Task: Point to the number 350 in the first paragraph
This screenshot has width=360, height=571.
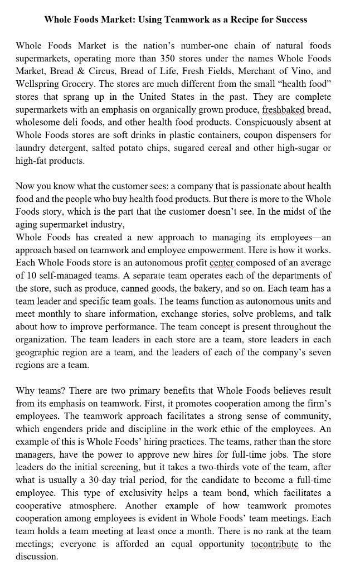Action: [x=169, y=59]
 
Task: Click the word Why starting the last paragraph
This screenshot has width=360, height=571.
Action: [x=26, y=390]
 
